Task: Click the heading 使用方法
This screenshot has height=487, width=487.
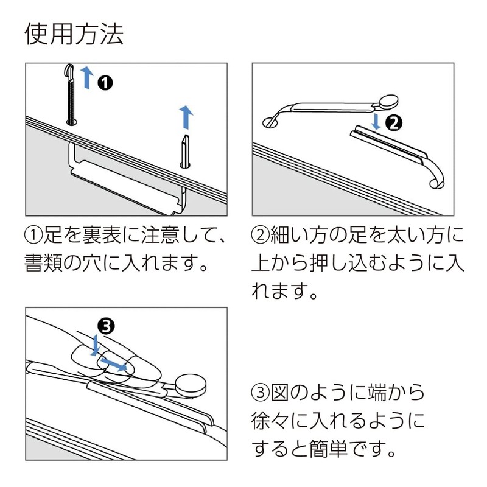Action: tap(74, 34)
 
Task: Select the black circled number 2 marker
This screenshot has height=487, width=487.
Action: tap(394, 124)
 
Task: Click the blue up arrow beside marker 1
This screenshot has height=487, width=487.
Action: tap(87, 78)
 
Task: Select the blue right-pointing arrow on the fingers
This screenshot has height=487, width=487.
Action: tap(114, 365)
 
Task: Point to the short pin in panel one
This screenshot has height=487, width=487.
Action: tap(185, 150)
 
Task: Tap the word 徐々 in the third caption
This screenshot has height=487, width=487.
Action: tap(276, 422)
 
